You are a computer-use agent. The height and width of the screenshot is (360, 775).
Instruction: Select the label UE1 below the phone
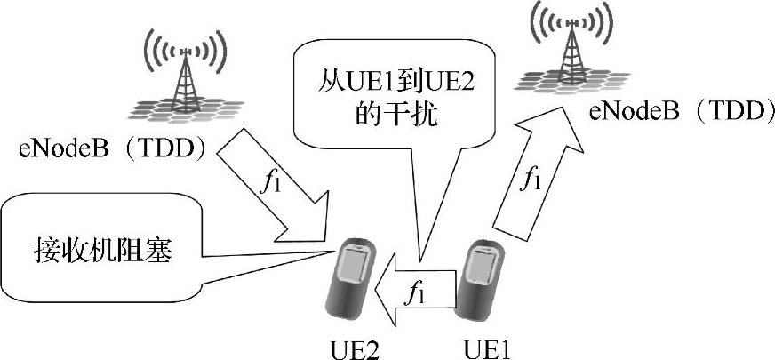pyautogui.click(x=486, y=346)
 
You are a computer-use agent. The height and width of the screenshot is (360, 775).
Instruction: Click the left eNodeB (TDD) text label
pyautogui.click(x=106, y=147)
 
